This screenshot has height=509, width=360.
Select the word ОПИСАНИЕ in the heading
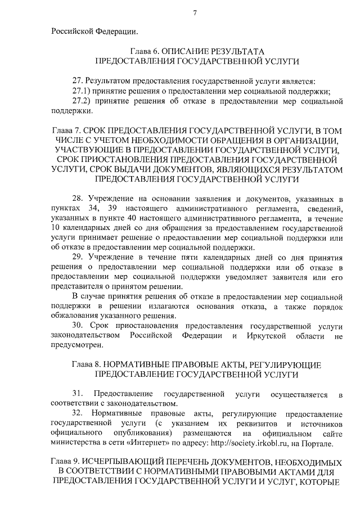[188, 50]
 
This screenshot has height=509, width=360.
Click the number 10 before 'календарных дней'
[56, 229]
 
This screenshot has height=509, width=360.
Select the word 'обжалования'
[74, 316]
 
